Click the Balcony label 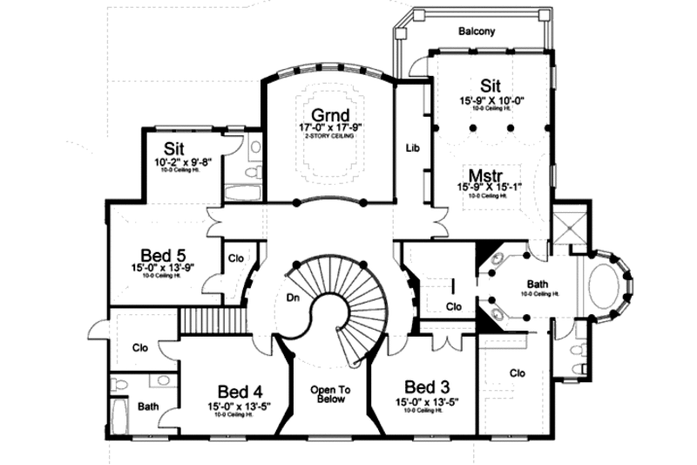tap(477, 31)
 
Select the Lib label tap(413, 148)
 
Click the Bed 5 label tap(161, 255)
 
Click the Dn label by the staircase tap(293, 297)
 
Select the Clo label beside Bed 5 tap(235, 258)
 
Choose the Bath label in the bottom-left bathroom tap(147, 406)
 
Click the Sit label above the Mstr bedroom tap(491, 86)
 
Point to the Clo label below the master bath tap(518, 373)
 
